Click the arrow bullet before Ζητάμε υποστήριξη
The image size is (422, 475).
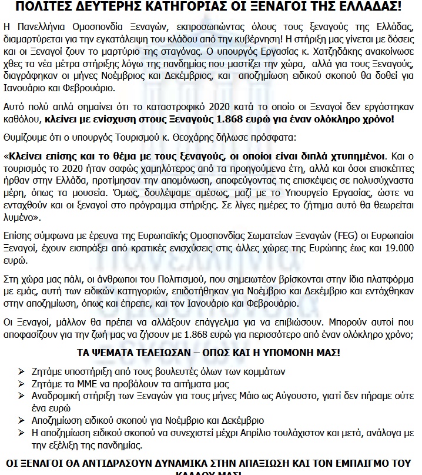click(22, 371)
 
